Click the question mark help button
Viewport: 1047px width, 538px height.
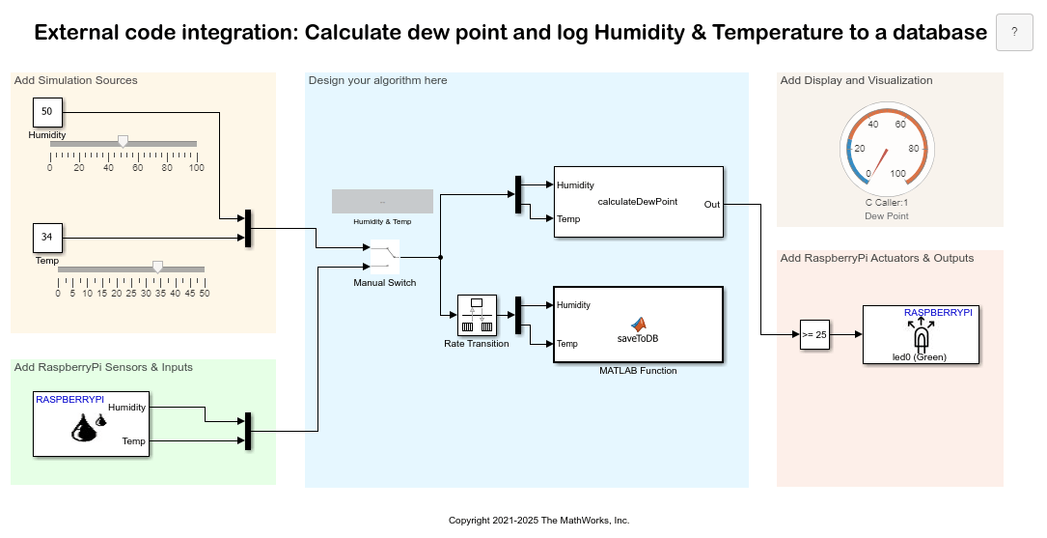coord(1014,32)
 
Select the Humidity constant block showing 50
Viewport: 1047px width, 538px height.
coord(47,112)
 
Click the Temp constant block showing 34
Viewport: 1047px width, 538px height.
coord(47,238)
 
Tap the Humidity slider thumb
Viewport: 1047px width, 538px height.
coord(123,141)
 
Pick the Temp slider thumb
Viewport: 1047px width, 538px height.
coord(157,268)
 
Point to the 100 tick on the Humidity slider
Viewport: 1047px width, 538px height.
coord(196,167)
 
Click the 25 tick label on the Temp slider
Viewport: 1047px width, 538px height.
coord(131,293)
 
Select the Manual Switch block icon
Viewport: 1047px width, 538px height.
coord(385,257)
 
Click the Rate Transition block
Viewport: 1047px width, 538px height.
coord(477,315)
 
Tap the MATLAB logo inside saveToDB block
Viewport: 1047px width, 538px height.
coord(639,325)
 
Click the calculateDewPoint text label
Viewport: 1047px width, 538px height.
coord(638,201)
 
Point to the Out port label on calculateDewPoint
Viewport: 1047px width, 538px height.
coord(712,205)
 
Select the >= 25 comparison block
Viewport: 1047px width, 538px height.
coord(814,335)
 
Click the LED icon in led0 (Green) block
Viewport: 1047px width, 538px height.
coord(921,335)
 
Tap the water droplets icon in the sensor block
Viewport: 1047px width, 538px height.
coord(89,427)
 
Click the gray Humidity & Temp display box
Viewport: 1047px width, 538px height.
coord(382,201)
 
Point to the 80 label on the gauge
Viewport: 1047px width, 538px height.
coord(914,149)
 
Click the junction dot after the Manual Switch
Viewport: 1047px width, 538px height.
coord(440,257)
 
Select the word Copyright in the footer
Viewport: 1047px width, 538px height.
coord(469,521)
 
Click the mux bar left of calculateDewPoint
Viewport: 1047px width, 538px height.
coord(518,194)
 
